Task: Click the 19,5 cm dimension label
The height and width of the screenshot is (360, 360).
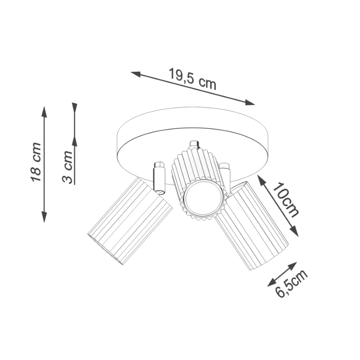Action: click(x=192, y=79)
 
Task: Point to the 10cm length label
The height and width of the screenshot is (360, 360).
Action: click(x=287, y=200)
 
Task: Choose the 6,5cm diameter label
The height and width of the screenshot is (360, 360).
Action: click(x=291, y=283)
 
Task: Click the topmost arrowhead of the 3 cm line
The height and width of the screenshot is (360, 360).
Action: click(x=75, y=107)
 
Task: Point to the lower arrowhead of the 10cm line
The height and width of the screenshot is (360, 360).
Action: click(x=295, y=233)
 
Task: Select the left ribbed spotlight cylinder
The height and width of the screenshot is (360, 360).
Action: click(x=130, y=221)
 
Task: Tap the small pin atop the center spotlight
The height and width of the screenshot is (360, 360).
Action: click(x=195, y=145)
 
